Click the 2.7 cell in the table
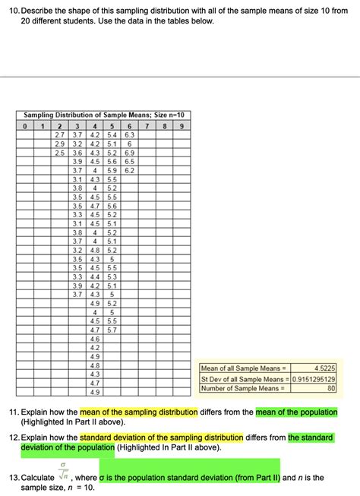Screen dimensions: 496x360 click(x=59, y=134)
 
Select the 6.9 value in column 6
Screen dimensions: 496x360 click(x=130, y=153)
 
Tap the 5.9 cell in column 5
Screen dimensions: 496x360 click(x=112, y=170)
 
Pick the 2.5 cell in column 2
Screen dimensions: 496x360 click(x=59, y=153)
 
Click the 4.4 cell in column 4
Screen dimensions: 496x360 click(x=95, y=276)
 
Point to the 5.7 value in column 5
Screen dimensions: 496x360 click(x=112, y=330)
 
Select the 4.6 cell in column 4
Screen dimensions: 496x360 click(x=95, y=339)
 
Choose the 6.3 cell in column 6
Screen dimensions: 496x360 click(x=130, y=134)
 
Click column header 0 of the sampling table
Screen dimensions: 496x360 click(x=24, y=125)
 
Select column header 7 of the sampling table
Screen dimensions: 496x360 click(x=147, y=125)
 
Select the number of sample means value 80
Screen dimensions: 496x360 click(x=330, y=388)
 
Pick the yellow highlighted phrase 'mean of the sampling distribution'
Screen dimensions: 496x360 click(x=139, y=411)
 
